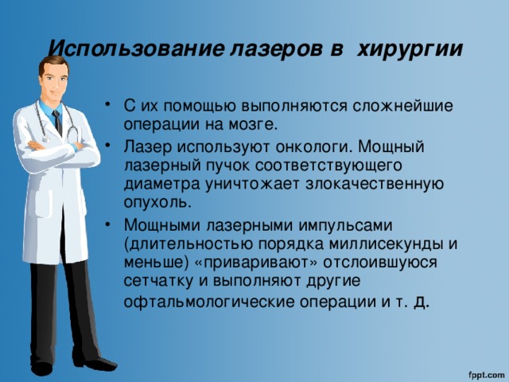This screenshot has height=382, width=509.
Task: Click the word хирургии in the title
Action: (410, 50)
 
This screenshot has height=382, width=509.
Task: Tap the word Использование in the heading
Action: (136, 49)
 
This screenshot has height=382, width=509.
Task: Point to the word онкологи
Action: (314, 146)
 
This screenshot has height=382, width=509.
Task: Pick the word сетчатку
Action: (158, 281)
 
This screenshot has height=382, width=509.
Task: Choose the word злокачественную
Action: (375, 184)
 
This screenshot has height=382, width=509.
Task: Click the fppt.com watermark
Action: (486, 374)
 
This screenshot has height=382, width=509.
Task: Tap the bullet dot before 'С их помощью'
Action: (108, 105)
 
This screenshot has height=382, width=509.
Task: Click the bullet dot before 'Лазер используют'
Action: (108, 146)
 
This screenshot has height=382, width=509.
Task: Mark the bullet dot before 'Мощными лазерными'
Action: (108, 224)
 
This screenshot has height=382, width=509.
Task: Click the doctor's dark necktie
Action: (57, 123)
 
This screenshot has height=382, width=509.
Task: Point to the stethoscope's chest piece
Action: (46, 138)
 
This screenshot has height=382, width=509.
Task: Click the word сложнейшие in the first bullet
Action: (402, 106)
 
